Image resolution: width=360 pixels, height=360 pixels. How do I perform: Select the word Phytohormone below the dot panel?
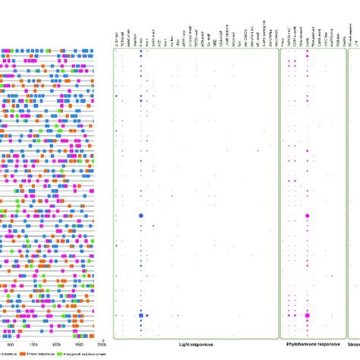point(295,345)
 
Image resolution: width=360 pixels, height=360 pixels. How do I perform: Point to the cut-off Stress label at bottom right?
point(355,345)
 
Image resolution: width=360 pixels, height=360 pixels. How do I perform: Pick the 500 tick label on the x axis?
point(10,345)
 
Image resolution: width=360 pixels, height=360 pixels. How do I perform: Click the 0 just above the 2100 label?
point(103,338)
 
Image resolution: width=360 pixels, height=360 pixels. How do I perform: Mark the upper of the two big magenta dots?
point(308,216)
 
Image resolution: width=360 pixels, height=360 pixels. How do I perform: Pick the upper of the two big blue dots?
point(141,216)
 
